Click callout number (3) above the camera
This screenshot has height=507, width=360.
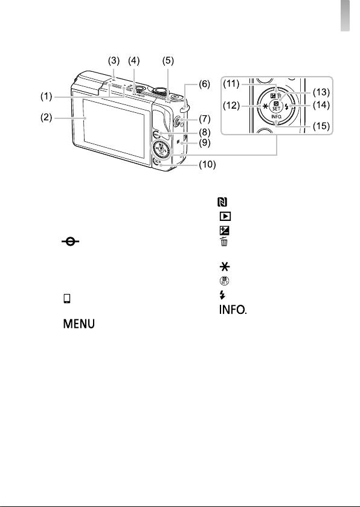click(114, 61)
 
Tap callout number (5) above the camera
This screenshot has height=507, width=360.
click(168, 61)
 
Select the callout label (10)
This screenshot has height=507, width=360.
click(207, 165)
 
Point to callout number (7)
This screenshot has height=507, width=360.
click(205, 119)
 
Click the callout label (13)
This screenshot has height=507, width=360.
click(321, 92)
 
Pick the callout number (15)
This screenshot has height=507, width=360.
click(321, 126)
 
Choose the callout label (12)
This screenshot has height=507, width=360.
click(231, 106)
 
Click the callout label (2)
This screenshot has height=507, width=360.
click(47, 117)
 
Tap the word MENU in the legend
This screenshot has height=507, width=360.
click(79, 324)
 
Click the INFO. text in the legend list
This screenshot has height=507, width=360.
click(233, 310)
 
